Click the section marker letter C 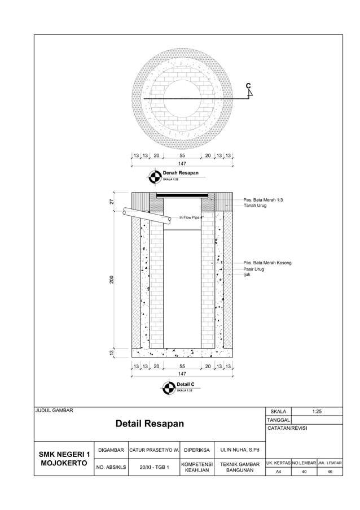[x=248, y=86]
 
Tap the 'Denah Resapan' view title [x=181, y=173]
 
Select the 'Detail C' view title [x=185, y=384]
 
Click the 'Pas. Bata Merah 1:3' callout [x=263, y=200]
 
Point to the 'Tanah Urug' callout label [x=254, y=206]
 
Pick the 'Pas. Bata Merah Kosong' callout [x=267, y=263]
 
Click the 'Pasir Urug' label [x=253, y=269]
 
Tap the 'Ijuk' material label [x=246, y=275]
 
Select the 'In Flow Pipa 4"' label [x=191, y=217]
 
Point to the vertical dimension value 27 [x=112, y=202]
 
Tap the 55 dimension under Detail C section [x=182, y=367]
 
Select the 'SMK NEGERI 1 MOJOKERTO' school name [x=64, y=459]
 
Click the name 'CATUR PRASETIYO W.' [x=154, y=450]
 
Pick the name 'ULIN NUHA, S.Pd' [x=240, y=450]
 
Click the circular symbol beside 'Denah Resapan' [x=154, y=176]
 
